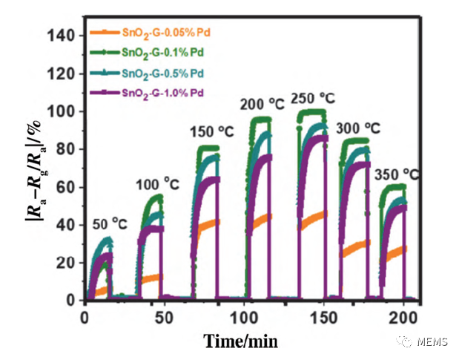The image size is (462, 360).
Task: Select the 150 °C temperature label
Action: pos(211,132)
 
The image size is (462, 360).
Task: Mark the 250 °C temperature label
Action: pos(313,98)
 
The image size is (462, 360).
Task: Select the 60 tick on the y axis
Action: pos(65,187)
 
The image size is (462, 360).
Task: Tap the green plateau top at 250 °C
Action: pos(311,112)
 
